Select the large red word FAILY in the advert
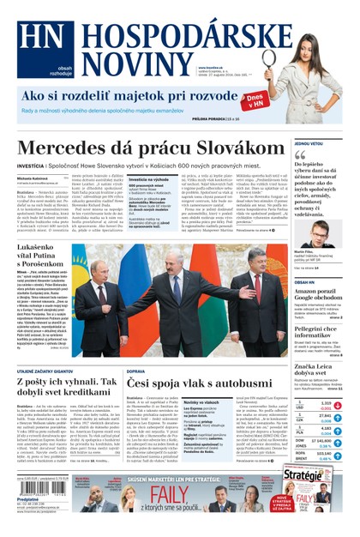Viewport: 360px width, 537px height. click(x=171, y=495)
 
